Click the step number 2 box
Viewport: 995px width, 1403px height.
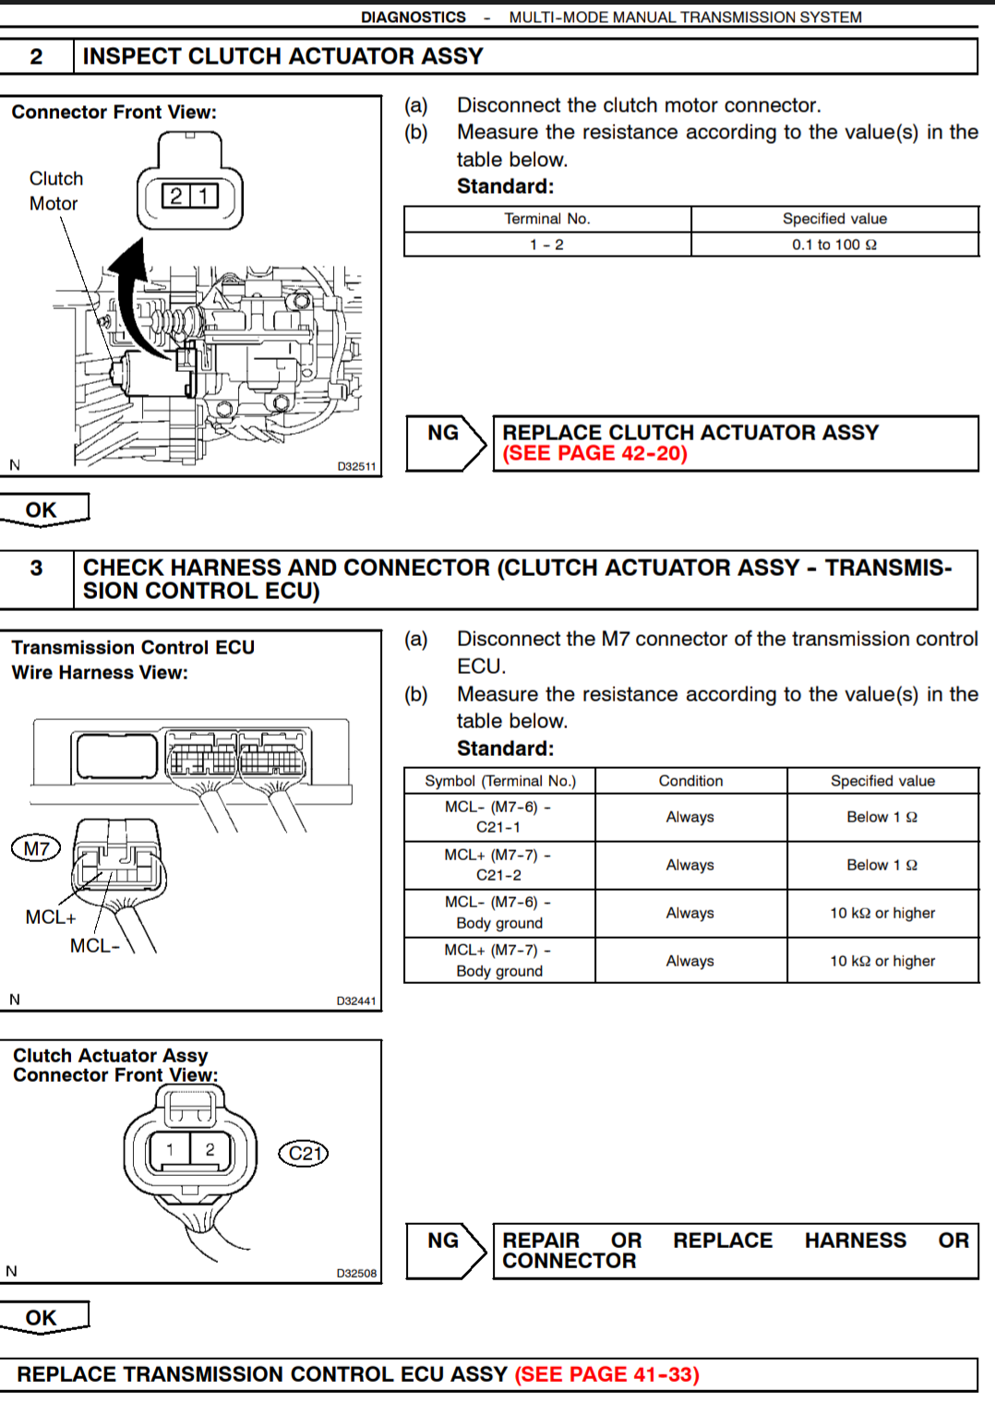pos(36,56)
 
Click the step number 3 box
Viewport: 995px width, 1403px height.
pos(36,569)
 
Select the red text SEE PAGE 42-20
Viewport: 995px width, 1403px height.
pos(594,454)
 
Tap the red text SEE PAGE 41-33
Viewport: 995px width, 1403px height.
pos(606,1374)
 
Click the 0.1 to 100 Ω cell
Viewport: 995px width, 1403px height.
pos(834,245)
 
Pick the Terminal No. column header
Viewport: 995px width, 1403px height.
pos(546,219)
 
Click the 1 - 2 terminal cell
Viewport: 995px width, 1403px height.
pos(546,245)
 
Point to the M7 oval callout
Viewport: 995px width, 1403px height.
pos(36,848)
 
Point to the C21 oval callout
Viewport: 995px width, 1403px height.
pos(304,1153)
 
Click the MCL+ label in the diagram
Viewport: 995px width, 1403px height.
pos(51,917)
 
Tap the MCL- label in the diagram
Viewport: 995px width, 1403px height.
pos(95,946)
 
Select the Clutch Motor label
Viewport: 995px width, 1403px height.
pos(55,191)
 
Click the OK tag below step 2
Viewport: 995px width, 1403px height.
pos(43,510)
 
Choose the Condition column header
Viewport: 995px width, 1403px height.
pos(690,781)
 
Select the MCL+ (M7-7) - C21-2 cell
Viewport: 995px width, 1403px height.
pos(498,865)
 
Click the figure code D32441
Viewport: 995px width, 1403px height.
pos(356,1001)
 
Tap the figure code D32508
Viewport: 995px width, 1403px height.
pos(356,1273)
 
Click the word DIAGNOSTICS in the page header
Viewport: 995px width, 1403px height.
pos(413,17)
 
